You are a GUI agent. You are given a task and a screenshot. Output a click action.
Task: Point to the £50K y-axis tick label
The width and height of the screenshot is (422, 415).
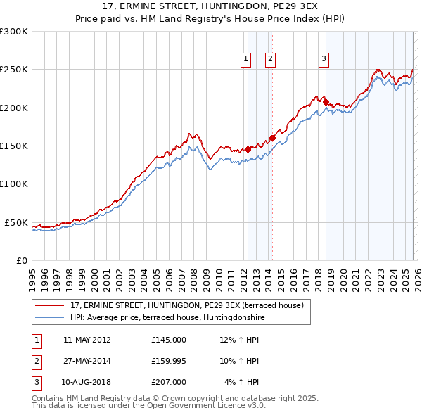17,222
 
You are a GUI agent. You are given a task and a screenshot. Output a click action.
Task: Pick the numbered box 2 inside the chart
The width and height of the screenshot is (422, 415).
270,60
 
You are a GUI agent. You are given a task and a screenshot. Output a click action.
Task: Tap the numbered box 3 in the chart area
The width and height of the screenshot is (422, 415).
324,60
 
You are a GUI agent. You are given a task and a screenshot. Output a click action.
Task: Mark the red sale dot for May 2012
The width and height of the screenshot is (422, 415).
248,149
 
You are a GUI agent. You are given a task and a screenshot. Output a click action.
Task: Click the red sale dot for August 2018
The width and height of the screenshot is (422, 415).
326,102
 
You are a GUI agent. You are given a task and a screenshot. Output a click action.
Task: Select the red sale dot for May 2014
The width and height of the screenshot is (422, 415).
273,138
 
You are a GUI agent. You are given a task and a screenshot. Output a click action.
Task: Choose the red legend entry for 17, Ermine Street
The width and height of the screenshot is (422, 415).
186,306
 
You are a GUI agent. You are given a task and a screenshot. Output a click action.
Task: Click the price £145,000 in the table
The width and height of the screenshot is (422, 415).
169,340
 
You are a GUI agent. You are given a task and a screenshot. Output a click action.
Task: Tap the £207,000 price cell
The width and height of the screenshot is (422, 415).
169,382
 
